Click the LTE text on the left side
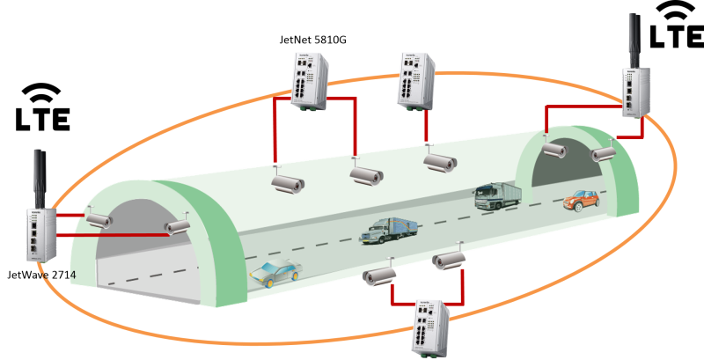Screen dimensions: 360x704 (x=43, y=118)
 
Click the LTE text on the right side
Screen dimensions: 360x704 (x=677, y=37)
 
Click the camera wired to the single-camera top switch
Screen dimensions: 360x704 (x=439, y=162)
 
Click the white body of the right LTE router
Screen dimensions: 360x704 (x=635, y=92)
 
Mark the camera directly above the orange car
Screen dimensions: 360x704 (x=603, y=154)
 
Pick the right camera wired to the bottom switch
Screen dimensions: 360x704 (x=449, y=261)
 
